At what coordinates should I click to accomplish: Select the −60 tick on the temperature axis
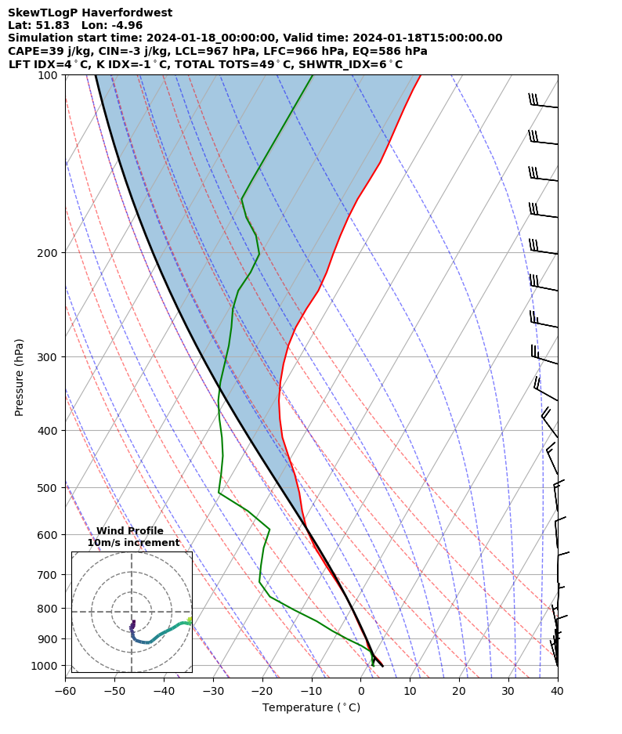point(65,691)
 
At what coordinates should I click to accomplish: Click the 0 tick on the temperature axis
point(361,691)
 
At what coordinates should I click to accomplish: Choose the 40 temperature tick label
point(557,691)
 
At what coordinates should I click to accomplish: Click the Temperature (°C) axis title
point(311,707)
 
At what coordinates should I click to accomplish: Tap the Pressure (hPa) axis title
point(20,377)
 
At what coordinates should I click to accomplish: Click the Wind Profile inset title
point(130,531)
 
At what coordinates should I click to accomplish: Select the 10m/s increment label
point(133,543)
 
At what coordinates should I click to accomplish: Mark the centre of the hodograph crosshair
point(132,612)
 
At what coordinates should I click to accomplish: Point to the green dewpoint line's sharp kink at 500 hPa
point(219,493)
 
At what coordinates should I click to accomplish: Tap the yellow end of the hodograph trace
point(189,620)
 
